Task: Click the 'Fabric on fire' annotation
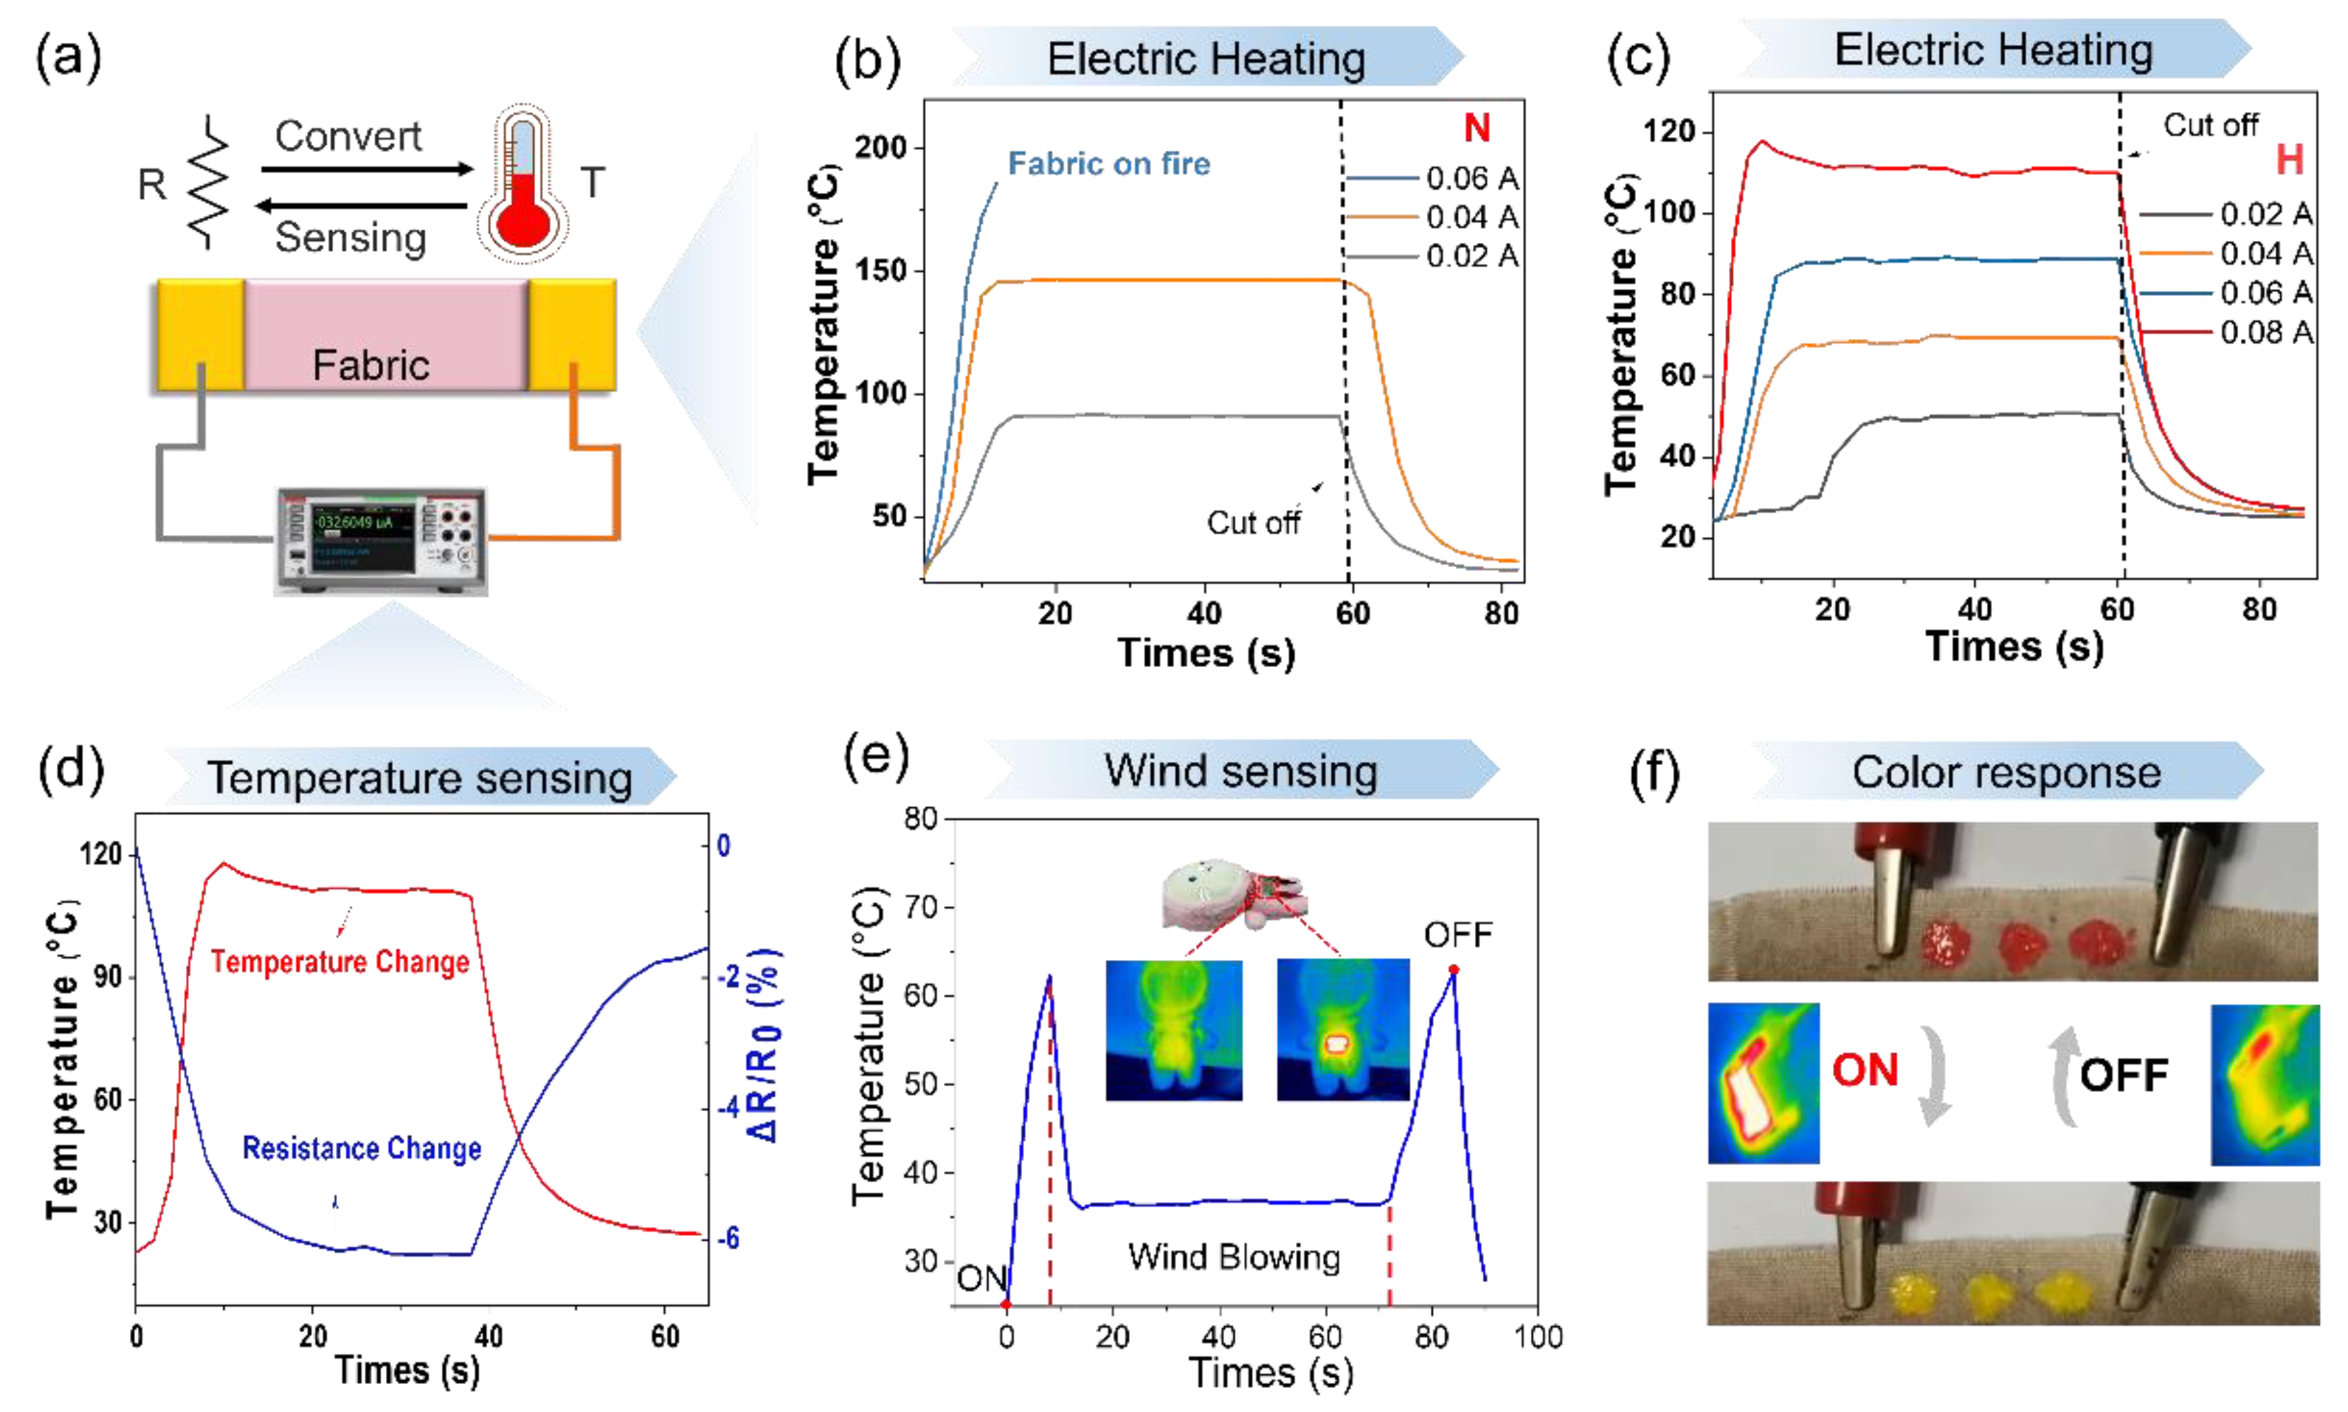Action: [x=1109, y=164]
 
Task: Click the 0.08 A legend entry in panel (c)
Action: [x=2265, y=332]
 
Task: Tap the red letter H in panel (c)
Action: [x=2289, y=160]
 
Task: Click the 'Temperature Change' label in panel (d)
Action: [x=340, y=962]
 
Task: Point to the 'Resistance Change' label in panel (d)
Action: [x=362, y=1148]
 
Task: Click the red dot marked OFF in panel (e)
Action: [x=1453, y=970]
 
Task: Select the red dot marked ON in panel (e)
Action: [x=1006, y=1304]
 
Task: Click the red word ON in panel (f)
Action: [x=1865, y=1070]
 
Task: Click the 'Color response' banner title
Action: [x=2006, y=773]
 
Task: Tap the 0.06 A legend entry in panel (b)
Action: [x=1470, y=178]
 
